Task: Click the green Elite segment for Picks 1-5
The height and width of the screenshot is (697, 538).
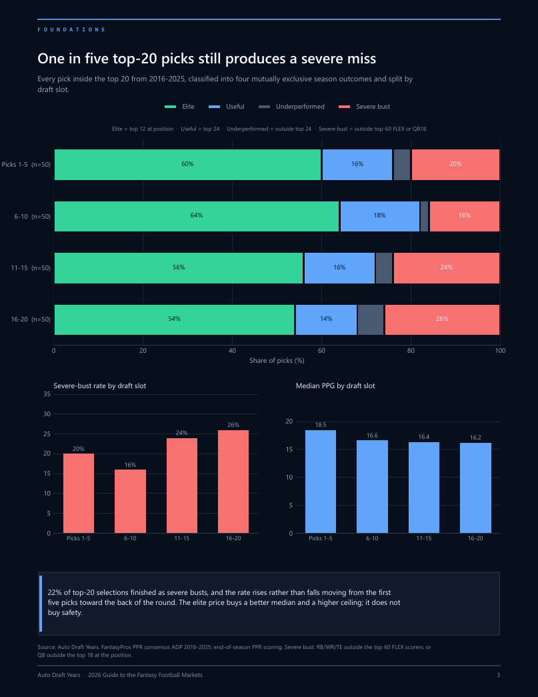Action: [x=187, y=165]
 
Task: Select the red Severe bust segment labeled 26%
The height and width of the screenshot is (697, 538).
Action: [x=442, y=319]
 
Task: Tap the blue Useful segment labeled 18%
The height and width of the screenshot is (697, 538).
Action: [x=380, y=216]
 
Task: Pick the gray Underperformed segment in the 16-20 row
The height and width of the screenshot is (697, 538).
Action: [x=371, y=319]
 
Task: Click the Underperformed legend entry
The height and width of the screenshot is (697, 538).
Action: [x=291, y=107]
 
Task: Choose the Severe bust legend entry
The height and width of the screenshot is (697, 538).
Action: [x=364, y=107]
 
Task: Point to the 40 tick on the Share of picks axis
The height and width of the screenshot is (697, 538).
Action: [x=232, y=351]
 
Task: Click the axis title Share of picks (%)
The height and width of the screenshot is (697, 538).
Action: [x=277, y=360]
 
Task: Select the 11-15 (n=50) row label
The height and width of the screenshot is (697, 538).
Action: [x=31, y=268]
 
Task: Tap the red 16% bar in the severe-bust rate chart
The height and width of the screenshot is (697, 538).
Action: [x=130, y=501]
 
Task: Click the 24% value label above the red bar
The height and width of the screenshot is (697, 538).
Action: [x=182, y=433]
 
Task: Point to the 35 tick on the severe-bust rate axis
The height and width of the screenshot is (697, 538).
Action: [x=47, y=394]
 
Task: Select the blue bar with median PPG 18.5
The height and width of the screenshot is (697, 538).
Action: [x=321, y=482]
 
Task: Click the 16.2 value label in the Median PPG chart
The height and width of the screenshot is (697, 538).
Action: [x=475, y=438]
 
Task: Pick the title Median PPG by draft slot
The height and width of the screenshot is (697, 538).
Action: [x=335, y=386]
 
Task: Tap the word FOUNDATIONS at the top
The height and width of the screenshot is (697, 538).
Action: [x=71, y=30]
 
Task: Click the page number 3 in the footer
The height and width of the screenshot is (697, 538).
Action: [x=499, y=675]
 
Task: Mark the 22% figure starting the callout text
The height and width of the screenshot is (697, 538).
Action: [x=54, y=592]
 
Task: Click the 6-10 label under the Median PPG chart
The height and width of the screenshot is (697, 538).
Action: [x=372, y=538]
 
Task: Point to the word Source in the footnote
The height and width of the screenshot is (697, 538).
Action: [x=47, y=647]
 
